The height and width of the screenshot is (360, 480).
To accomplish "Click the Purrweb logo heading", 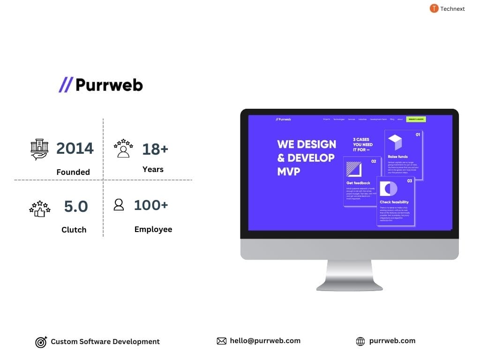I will pos(101,85).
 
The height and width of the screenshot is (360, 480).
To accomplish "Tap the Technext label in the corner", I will pos(452,8).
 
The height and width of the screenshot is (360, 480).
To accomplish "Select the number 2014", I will pos(75,148).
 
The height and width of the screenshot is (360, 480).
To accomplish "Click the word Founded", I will pos(73,172).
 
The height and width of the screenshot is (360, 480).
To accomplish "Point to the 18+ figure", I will pos(155,149).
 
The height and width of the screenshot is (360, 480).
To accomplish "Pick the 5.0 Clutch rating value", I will pos(76,206).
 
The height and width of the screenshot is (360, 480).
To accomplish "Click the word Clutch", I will pos(74,230).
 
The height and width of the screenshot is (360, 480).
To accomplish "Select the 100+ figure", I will pos(151,205).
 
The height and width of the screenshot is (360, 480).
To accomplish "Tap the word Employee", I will pos(153,229).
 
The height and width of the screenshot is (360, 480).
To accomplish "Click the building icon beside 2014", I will pos(40,149).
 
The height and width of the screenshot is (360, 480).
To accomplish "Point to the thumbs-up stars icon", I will pos(40,209).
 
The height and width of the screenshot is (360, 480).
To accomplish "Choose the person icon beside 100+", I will pos(119,205).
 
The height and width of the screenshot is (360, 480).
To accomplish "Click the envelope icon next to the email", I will pos(222,341).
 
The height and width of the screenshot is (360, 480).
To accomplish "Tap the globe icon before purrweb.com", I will pos(360,341).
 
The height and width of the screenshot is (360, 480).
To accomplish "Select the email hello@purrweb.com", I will pos(265,341).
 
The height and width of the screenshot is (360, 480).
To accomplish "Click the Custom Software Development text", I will pos(105,342).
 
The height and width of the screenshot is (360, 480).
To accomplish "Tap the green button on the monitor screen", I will pos(416,120).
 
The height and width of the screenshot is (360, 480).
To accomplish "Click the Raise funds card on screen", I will pos(403,155).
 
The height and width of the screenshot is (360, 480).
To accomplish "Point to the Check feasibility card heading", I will pos(394,202).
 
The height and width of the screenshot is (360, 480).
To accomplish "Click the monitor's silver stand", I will pos(349,277).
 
